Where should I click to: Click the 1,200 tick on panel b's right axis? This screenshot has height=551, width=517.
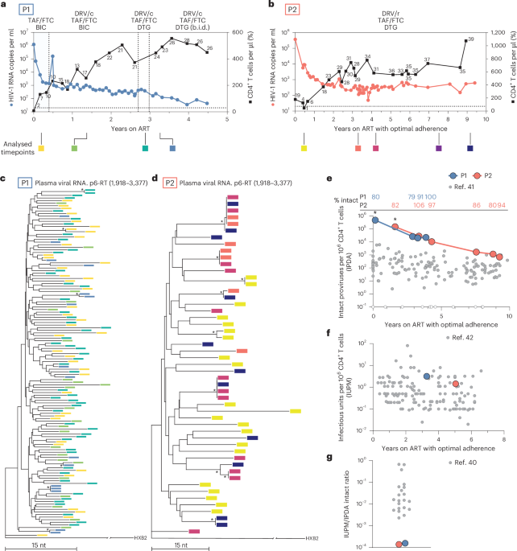click(x=497, y=32)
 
